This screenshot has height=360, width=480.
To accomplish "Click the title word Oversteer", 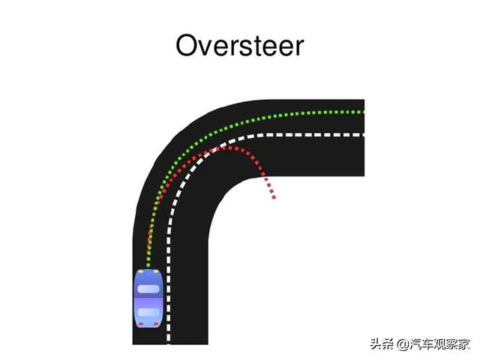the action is click(x=239, y=46).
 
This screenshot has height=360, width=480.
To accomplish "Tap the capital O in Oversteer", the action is click(x=188, y=46).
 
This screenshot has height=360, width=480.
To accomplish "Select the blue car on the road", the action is click(x=148, y=297).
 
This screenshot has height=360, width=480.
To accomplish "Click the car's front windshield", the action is click(x=148, y=288).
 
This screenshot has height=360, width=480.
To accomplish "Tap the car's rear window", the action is click(x=148, y=312).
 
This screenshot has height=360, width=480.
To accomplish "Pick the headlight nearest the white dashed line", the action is click(x=157, y=271).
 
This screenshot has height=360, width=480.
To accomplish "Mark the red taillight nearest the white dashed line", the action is click(x=157, y=323).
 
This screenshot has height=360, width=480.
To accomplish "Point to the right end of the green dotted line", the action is click(x=362, y=112).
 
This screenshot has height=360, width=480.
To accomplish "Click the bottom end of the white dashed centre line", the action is click(x=168, y=341).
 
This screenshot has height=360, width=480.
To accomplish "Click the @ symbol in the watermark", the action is click(x=403, y=344).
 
